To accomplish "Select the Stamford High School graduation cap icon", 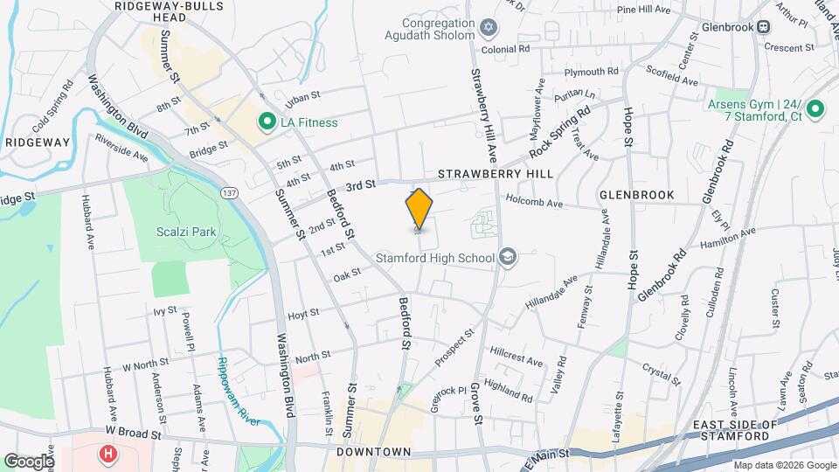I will pos(507,257).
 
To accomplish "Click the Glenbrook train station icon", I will pos(764,26).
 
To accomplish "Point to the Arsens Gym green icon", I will pos(815,109).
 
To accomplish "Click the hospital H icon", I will pos(108,454).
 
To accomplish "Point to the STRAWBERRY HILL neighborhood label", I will pos(496,174).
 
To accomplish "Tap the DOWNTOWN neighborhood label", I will pos(373,452).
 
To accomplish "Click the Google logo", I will pos(29,461).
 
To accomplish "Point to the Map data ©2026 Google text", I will pos(784,465).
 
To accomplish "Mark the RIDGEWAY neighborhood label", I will pos(37,142).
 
